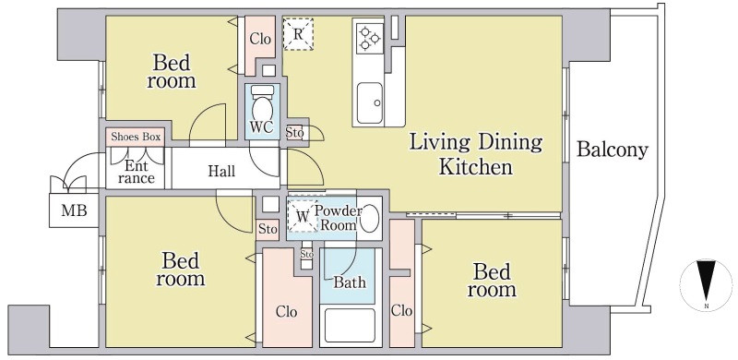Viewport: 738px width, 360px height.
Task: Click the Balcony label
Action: click(x=613, y=150)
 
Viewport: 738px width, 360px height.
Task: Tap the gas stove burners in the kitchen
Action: click(x=370, y=39)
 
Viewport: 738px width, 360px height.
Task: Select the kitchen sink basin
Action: click(x=370, y=102)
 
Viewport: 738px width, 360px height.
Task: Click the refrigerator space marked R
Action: click(x=298, y=34)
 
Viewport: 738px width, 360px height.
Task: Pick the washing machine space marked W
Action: click(x=303, y=217)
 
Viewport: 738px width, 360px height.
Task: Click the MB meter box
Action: click(x=75, y=210)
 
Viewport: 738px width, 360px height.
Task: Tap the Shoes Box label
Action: click(x=136, y=138)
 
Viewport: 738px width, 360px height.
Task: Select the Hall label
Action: click(x=221, y=171)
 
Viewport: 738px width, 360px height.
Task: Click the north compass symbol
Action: click(x=706, y=284)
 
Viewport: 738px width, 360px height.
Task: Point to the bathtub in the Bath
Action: click(x=350, y=325)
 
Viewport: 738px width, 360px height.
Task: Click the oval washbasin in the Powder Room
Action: click(x=370, y=218)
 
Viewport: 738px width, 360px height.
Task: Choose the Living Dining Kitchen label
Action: click(x=475, y=154)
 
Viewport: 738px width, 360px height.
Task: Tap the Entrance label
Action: click(x=137, y=173)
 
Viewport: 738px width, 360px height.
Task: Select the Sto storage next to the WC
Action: click(x=294, y=132)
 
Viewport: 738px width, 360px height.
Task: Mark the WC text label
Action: click(x=262, y=128)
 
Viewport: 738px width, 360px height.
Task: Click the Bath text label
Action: click(x=350, y=282)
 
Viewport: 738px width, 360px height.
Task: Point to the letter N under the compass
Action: click(x=707, y=306)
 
